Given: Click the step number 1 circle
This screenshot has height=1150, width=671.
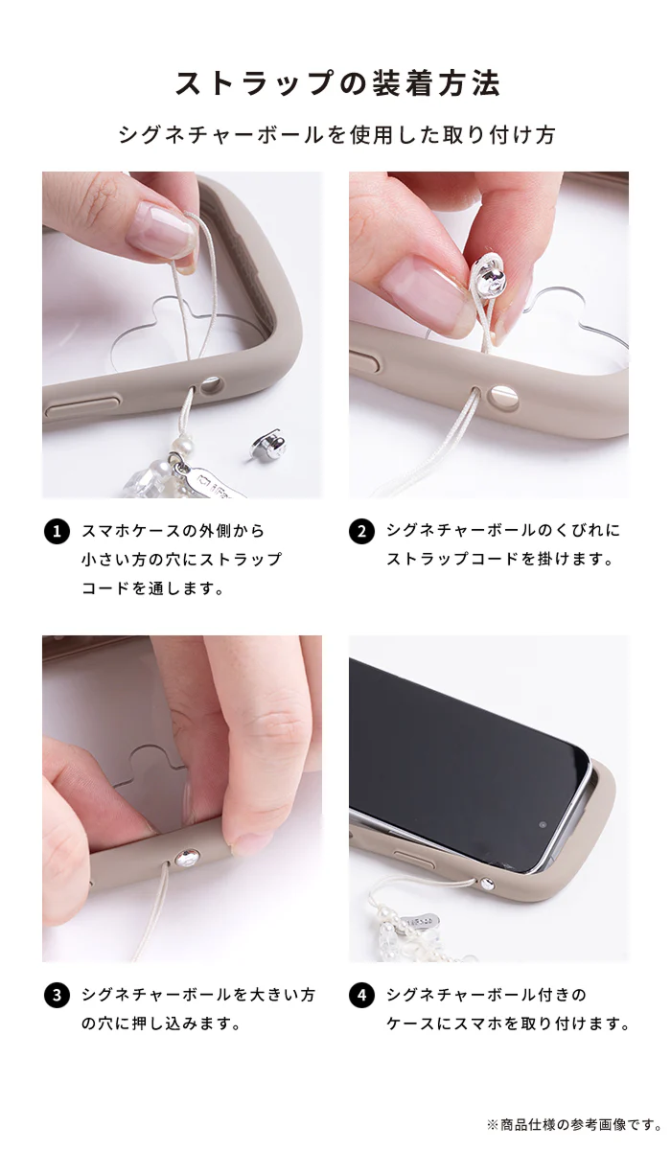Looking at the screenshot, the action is tap(57, 531).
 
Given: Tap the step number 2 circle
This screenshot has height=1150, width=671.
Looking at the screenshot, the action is tap(361, 531).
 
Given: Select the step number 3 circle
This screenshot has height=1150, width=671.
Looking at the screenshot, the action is tap(57, 996).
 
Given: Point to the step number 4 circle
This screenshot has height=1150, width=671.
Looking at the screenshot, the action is tap(361, 996).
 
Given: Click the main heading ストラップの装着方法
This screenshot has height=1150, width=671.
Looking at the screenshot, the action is tap(337, 83).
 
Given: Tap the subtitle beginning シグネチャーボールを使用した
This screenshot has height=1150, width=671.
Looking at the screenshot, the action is tap(336, 135).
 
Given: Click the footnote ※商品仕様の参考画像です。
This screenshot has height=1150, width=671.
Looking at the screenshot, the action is tap(574, 1125).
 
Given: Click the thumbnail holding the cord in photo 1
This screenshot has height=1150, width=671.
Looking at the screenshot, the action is tap(162, 229).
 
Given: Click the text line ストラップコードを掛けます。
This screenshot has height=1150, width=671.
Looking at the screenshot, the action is tap(500, 558).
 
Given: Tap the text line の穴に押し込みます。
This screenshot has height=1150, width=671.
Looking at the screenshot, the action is tap(161, 1023).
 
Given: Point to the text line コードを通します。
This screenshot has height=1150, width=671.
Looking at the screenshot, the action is tap(152, 587).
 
